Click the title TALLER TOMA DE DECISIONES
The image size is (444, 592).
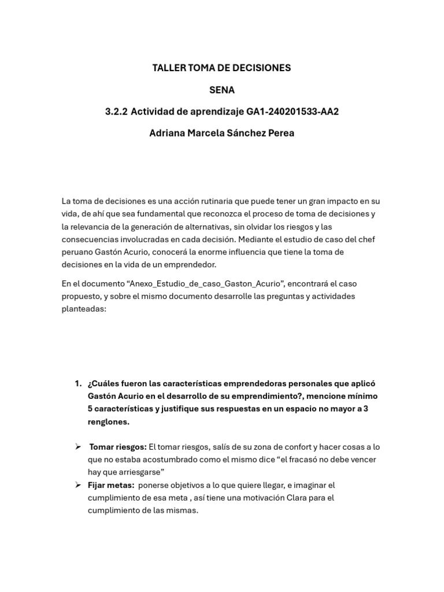pyautogui.click(x=221, y=68)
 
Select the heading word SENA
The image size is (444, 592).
pyautogui.click(x=222, y=90)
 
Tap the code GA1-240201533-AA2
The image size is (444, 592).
pyautogui.click(x=297, y=112)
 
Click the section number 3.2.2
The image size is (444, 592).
pyautogui.click(x=116, y=112)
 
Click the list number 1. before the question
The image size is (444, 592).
pyautogui.click(x=78, y=384)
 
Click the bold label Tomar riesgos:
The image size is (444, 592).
pyautogui.click(x=118, y=447)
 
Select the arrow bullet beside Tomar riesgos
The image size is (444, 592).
pyautogui.click(x=78, y=447)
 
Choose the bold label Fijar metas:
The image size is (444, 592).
pyautogui.click(x=111, y=486)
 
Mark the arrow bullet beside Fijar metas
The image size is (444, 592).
pyautogui.click(x=78, y=486)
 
